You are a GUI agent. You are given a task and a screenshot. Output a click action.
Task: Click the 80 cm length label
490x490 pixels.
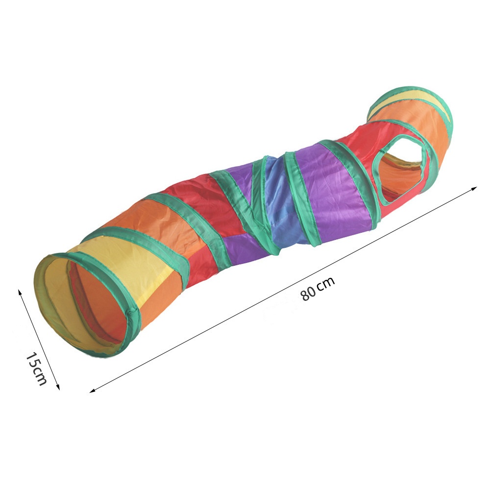pyautogui.click(x=318, y=289)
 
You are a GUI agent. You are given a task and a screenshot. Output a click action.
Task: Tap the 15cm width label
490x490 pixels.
pyautogui.click(x=35, y=368)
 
